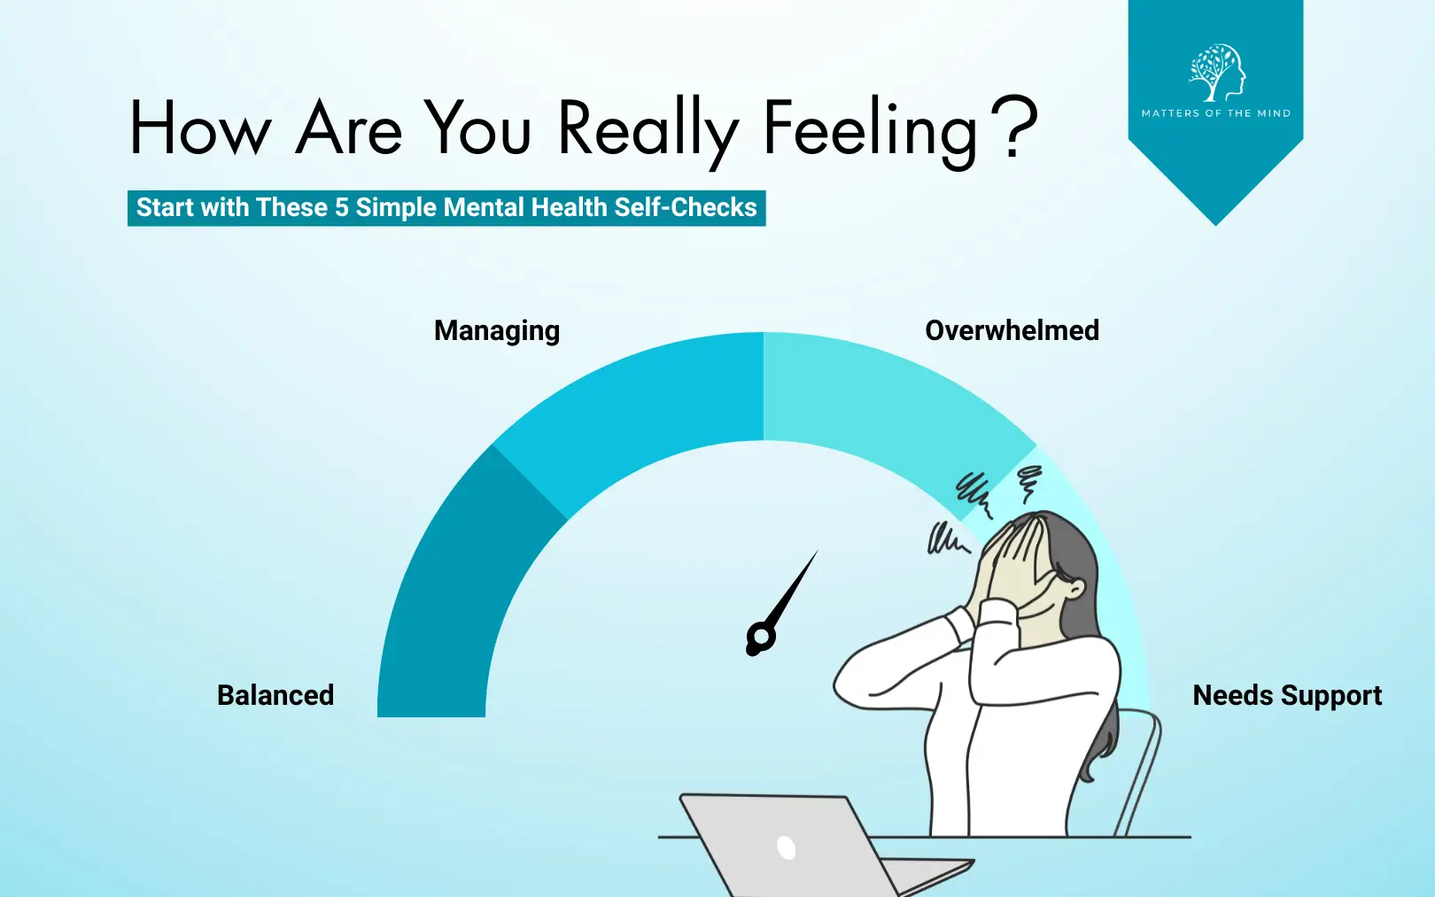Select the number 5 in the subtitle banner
tap(341, 207)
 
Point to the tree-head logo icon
tap(1216, 73)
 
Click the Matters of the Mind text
tap(1216, 113)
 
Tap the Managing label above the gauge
tap(497, 331)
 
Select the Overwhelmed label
tap(1012, 330)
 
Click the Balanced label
tap(275, 695)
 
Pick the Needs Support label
tap(1287, 695)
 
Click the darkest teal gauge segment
tap(448, 595)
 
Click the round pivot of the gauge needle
tap(760, 638)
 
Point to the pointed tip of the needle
tap(818, 551)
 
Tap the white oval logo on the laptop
tap(786, 847)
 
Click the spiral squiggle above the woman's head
tap(1028, 483)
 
